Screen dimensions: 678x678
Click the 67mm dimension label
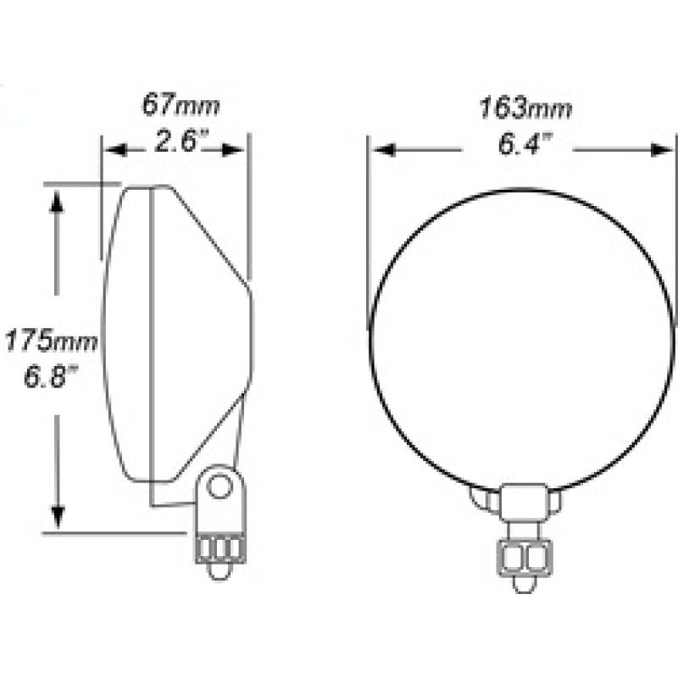click(180, 106)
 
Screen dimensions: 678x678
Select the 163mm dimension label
click(525, 108)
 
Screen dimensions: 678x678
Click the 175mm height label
click(52, 342)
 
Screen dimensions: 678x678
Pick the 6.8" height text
click(52, 376)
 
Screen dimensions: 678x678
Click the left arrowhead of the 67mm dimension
click(114, 150)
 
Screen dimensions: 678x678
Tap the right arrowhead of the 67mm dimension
click(236, 150)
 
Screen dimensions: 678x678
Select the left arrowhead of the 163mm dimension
click(384, 150)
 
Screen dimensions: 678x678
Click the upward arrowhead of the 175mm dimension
click(58, 200)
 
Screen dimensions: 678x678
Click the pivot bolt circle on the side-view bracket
click(220, 486)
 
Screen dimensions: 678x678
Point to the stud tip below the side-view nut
click(219, 571)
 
